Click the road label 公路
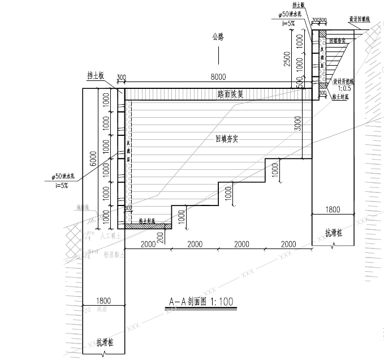pos(218,37)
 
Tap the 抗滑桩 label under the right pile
pos(333,233)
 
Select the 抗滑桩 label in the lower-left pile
pos(103,342)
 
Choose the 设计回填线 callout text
pos(359,19)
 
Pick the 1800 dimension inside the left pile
pos(103,301)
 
